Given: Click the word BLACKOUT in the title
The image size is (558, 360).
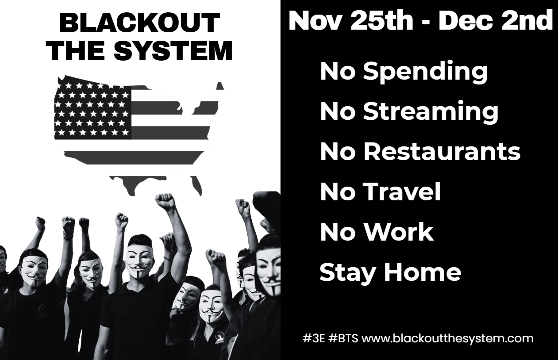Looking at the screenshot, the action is pos(139,23).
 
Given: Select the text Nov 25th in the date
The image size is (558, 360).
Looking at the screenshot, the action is pos(351,21).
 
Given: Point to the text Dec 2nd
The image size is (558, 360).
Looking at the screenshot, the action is pos(496,21).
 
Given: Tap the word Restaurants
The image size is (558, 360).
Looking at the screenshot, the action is pos(442,151).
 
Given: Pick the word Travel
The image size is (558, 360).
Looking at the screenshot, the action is pos(402,191).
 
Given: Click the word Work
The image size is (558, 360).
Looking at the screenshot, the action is pos(400,232).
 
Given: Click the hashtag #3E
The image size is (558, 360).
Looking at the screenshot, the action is pos(314,339).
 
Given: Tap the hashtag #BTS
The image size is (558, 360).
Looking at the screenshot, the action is pos(343,339).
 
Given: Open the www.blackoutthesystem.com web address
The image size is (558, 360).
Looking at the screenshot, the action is pos(447,339).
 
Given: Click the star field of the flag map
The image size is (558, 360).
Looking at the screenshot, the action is pos(92,111).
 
